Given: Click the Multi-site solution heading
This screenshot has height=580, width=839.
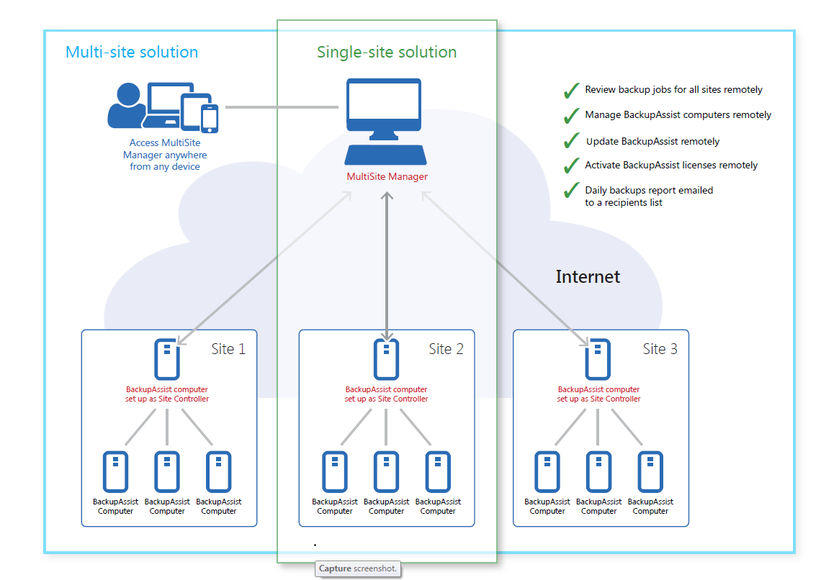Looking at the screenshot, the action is click(132, 52).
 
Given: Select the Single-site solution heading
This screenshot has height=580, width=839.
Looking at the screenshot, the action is click(386, 52).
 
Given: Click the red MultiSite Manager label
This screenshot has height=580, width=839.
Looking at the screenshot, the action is click(387, 176).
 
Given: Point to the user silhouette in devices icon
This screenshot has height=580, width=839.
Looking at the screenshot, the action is click(127, 105).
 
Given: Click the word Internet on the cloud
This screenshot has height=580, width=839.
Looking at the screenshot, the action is click(588, 276).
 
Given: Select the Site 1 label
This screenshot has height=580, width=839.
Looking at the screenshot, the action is click(228, 349).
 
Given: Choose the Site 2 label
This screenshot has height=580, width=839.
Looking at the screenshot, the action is click(446, 349).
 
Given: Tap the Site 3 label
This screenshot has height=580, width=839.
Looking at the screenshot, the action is click(660, 349).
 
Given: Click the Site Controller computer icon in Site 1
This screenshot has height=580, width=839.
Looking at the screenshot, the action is click(167, 359).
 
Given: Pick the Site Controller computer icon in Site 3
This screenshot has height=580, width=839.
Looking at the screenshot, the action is click(598, 359).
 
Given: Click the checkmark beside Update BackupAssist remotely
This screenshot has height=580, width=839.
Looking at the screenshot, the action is click(572, 140).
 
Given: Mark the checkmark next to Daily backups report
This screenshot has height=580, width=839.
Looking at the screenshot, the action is click(572, 190).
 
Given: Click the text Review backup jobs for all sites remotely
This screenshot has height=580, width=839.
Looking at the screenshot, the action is click(673, 90).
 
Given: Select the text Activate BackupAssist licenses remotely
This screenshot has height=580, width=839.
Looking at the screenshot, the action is click(671, 166).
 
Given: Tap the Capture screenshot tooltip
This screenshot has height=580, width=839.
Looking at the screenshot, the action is click(358, 568).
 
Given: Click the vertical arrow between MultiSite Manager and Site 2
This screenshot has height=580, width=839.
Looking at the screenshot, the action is click(387, 266).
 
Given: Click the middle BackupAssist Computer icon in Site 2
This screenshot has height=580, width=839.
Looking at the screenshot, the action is click(386, 471).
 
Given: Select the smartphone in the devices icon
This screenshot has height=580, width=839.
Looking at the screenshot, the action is click(210, 118).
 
